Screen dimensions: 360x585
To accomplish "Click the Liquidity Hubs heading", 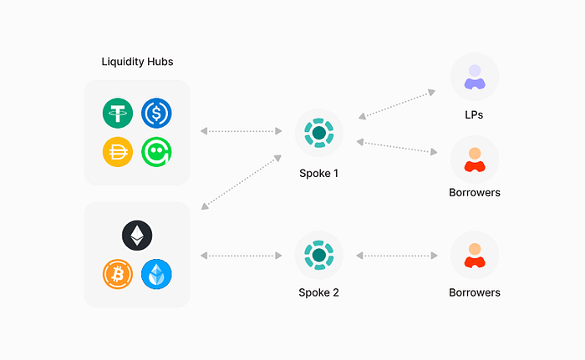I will pyautogui.click(x=137, y=62).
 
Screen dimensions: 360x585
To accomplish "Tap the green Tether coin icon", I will pyautogui.click(x=118, y=113).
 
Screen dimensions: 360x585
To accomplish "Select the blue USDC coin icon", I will pyautogui.click(x=156, y=113).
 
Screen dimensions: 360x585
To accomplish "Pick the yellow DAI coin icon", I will pyautogui.click(x=118, y=151).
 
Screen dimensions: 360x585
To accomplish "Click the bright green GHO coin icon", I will pyautogui.click(x=156, y=151).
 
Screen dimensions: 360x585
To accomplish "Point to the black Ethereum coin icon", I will pyautogui.click(x=137, y=236).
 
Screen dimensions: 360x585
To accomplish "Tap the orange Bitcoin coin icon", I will pyautogui.click(x=118, y=273).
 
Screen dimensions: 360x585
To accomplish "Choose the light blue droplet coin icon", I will pyautogui.click(x=156, y=273).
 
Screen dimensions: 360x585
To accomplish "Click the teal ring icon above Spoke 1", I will pyautogui.click(x=319, y=132).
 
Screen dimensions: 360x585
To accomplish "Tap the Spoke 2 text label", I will pyautogui.click(x=319, y=292).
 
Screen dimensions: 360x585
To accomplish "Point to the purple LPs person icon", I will pyautogui.click(x=475, y=77).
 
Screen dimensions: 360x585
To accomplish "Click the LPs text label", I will pyautogui.click(x=475, y=114).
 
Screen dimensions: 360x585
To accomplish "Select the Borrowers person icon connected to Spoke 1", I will pyautogui.click(x=475, y=159).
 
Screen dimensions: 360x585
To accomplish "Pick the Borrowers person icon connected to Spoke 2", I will pyautogui.click(x=475, y=255).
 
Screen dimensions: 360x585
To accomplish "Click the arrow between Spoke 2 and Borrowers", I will pyautogui.click(x=398, y=255).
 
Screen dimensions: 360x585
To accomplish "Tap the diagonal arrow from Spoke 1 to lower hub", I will pyautogui.click(x=241, y=183).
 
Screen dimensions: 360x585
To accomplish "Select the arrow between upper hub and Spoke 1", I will pyautogui.click(x=242, y=131).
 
